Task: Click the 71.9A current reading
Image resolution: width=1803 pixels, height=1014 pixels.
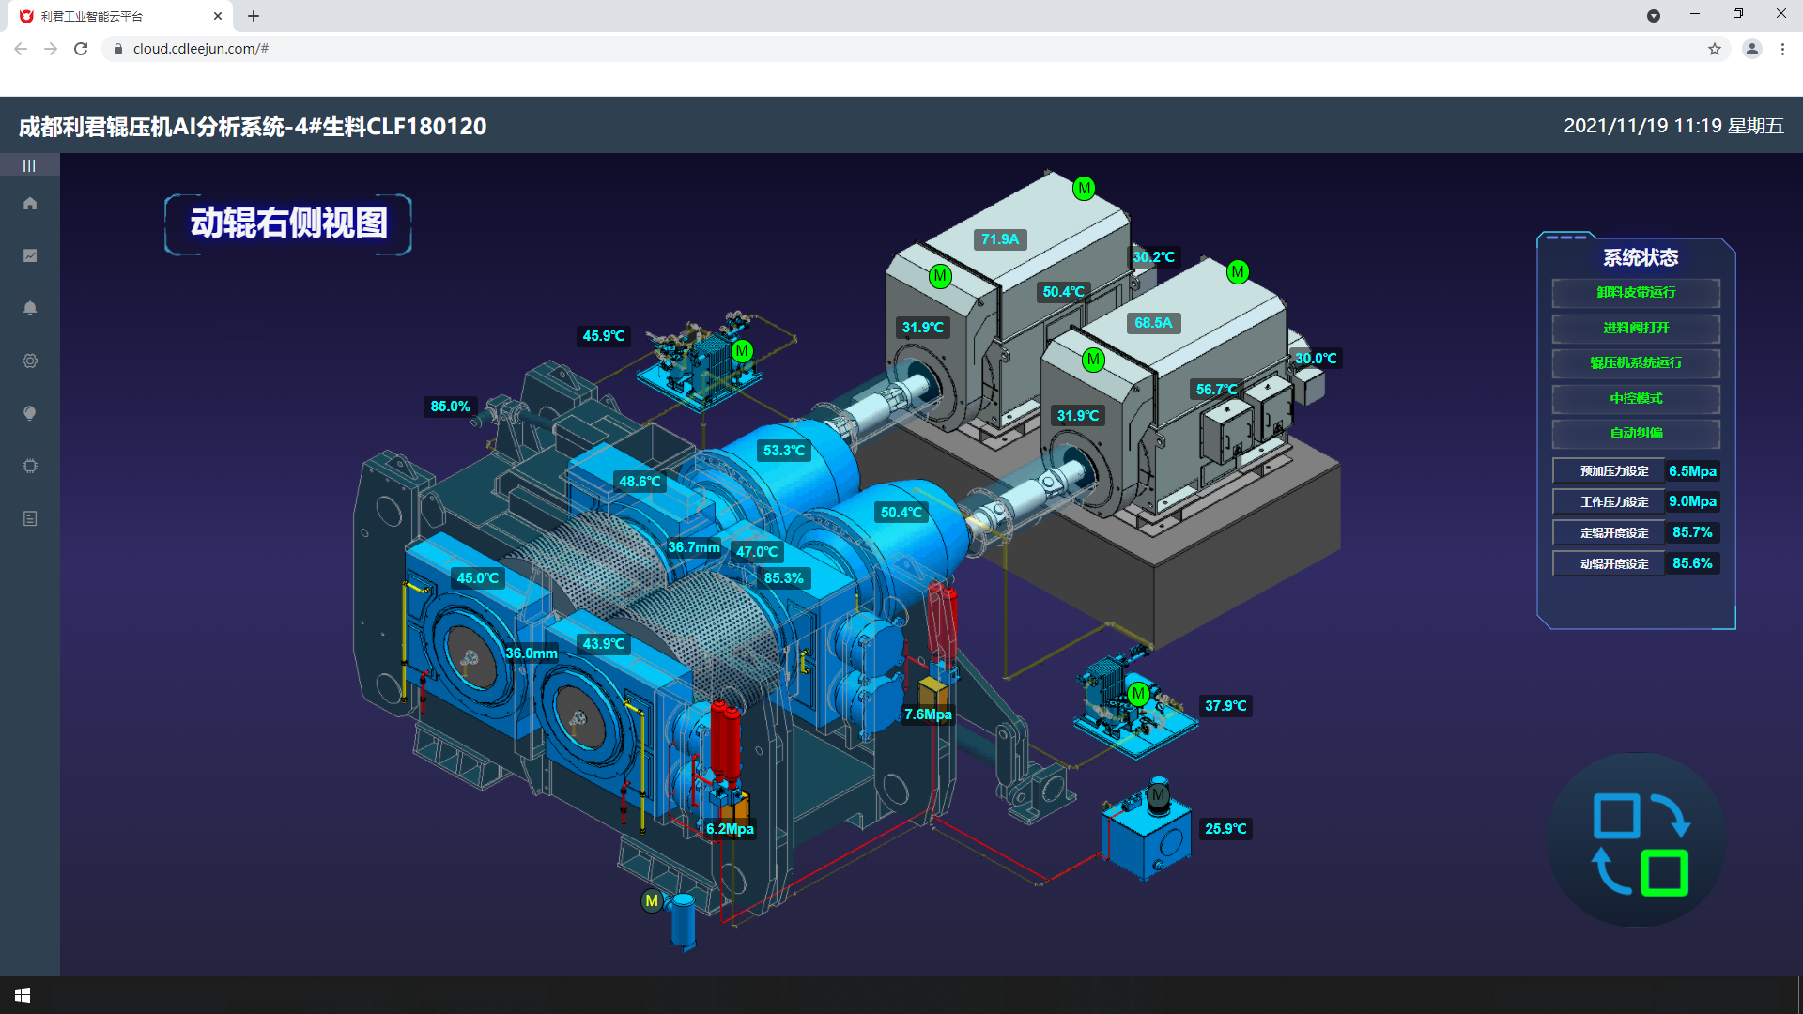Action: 1000,239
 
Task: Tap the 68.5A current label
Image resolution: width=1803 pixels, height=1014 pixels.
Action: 1153,323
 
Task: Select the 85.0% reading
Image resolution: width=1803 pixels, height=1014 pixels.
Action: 450,407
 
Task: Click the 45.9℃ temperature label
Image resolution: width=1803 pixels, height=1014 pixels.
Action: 603,336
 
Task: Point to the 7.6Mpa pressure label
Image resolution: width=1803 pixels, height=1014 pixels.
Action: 928,714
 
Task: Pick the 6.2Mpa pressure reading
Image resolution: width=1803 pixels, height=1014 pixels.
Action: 730,829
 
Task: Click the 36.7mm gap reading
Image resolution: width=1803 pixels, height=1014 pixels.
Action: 694,547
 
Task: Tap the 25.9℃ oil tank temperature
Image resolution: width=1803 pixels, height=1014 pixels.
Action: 1225,829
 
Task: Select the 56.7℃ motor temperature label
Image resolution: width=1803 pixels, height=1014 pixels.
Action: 1216,390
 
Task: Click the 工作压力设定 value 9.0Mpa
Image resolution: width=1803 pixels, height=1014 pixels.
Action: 1692,501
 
